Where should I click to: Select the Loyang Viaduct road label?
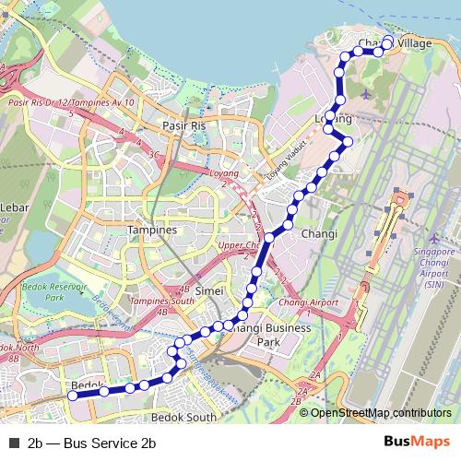(x=285, y=161)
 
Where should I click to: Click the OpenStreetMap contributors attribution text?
(x=381, y=413)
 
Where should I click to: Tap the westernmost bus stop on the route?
(x=70, y=395)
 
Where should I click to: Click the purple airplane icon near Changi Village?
(x=367, y=94)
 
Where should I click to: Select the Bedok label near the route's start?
(x=83, y=385)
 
